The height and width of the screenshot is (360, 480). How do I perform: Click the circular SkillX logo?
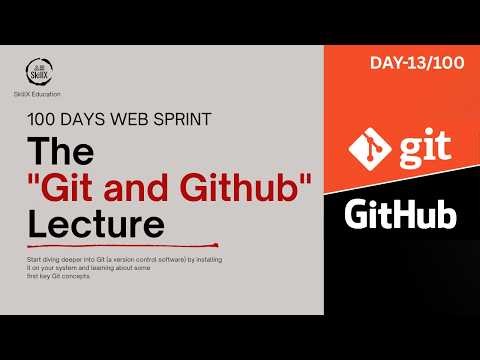click(x=38, y=72)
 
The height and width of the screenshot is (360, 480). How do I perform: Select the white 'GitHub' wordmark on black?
click(x=400, y=215)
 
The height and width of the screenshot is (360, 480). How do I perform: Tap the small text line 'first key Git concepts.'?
click(x=62, y=275)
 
